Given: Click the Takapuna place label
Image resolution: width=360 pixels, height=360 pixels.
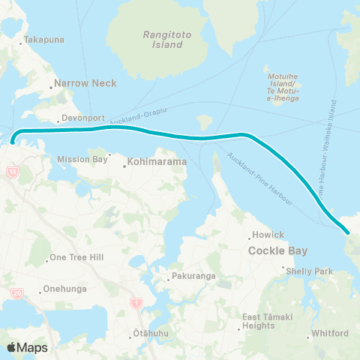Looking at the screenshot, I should [x=44, y=39].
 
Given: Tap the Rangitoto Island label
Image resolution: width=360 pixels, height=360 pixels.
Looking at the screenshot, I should [x=163, y=40].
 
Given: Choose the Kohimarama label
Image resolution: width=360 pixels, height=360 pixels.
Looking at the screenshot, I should [x=151, y=160].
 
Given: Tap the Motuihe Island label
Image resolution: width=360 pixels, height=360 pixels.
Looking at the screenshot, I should [x=283, y=86].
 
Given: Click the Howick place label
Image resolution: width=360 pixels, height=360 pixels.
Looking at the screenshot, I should [x=268, y=235].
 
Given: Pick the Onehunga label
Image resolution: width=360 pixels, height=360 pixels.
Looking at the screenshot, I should [x=64, y=288].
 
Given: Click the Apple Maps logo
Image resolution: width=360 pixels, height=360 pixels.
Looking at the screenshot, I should [x=27, y=347].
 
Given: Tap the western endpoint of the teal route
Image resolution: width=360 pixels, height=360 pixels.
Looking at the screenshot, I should [x=13, y=141].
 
